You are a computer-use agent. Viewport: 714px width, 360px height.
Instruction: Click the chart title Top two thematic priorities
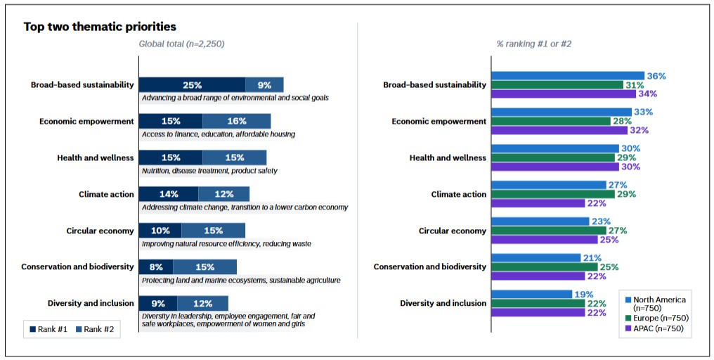click(x=100, y=27)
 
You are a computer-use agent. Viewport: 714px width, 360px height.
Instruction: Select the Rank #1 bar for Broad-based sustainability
click(x=192, y=85)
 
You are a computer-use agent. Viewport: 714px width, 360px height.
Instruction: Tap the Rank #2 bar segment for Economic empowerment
click(x=237, y=121)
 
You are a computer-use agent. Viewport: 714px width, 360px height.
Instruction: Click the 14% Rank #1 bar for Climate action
click(x=169, y=194)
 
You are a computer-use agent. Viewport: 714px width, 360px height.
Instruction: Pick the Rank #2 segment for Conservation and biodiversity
click(x=205, y=267)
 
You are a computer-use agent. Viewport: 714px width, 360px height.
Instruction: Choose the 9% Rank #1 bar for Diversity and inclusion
click(x=158, y=304)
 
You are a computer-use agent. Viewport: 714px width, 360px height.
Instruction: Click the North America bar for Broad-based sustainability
click(x=568, y=76)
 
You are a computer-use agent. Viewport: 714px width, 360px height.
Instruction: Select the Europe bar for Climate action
click(x=553, y=194)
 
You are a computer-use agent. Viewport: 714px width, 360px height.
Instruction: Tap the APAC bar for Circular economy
click(x=545, y=239)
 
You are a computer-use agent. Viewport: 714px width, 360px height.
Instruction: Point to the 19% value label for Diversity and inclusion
click(x=584, y=295)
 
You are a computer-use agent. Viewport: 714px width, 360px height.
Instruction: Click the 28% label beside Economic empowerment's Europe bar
click(x=622, y=121)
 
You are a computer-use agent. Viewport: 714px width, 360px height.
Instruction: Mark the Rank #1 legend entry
click(x=48, y=330)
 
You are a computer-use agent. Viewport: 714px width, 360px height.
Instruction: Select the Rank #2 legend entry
click(x=95, y=330)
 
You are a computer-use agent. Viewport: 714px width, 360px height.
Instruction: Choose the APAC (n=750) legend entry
click(x=654, y=329)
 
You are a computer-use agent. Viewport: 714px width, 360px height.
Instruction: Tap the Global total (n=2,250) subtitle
click(x=182, y=44)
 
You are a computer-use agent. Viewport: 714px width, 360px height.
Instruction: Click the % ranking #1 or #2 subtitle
click(x=533, y=44)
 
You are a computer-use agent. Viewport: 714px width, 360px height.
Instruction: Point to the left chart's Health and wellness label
click(x=95, y=157)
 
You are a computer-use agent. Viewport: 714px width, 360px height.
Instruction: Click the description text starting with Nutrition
click(x=209, y=171)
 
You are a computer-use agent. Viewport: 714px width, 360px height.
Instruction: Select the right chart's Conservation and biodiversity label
click(x=430, y=266)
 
